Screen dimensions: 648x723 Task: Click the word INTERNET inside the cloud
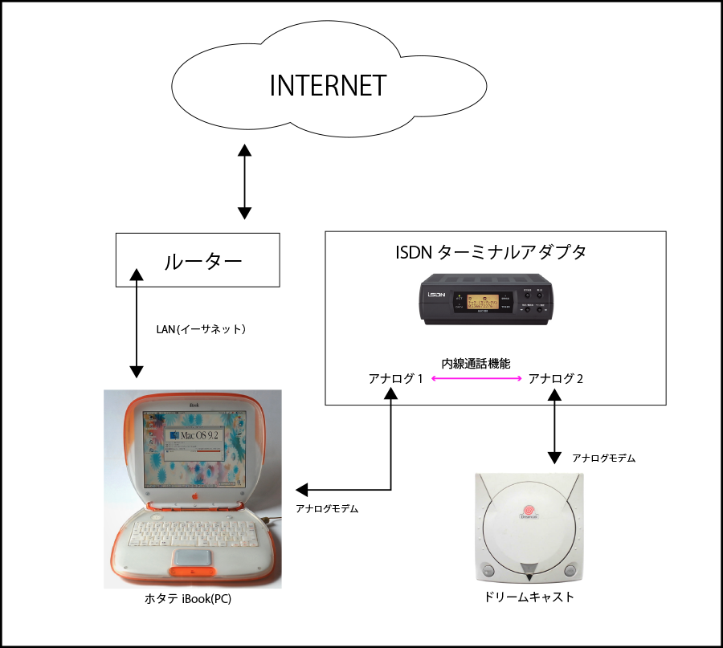click(328, 85)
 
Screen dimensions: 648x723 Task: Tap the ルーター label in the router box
click(202, 261)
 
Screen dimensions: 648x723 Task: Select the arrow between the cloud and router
click(244, 182)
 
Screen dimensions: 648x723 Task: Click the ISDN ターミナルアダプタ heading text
click(492, 252)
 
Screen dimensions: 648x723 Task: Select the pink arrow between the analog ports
click(476, 378)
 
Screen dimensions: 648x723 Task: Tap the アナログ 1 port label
click(394, 378)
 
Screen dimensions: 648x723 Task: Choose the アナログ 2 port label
click(556, 378)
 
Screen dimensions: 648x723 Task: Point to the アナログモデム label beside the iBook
click(327, 508)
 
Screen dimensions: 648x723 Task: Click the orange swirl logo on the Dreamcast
click(531, 510)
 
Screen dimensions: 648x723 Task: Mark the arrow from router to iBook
click(137, 324)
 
